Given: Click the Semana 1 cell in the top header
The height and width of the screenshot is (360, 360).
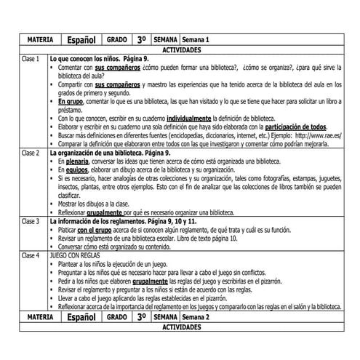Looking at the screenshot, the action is (x=196, y=39).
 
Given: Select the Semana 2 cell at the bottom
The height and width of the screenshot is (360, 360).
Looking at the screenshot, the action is (x=196, y=318).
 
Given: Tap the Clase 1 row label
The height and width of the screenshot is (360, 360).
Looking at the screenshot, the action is (x=31, y=57).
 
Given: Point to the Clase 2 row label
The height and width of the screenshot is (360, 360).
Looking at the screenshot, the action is (x=31, y=153).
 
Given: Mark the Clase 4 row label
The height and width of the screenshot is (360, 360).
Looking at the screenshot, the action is (x=31, y=256).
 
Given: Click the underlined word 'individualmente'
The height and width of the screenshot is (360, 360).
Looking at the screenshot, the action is (x=193, y=117).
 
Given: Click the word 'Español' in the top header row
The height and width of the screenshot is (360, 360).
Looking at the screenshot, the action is (x=81, y=39).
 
